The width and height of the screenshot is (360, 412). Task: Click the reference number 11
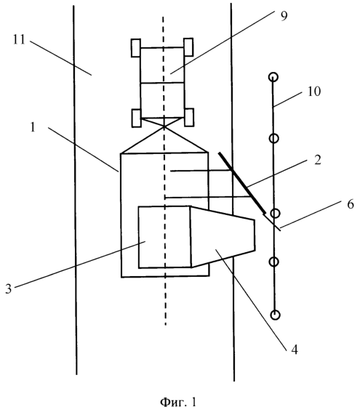(x=19, y=40)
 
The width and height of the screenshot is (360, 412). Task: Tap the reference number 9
(x=284, y=16)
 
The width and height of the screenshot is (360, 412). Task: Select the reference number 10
(x=314, y=92)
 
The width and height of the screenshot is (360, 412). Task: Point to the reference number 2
(x=318, y=160)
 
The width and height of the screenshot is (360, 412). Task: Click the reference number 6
(x=351, y=204)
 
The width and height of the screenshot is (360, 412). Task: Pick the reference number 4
(x=295, y=350)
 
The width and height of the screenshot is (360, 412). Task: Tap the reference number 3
(x=9, y=288)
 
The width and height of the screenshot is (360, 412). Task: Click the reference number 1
(x=33, y=127)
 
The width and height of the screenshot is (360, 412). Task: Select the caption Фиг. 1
(x=178, y=402)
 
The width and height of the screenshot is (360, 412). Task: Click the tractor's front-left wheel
(x=136, y=48)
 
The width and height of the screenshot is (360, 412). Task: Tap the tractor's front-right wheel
(x=188, y=47)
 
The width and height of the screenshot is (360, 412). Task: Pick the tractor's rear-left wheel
(x=136, y=118)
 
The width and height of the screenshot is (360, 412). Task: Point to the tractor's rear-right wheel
(x=189, y=118)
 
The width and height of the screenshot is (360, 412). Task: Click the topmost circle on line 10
(x=273, y=77)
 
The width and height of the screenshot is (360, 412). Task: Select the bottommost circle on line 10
(x=276, y=315)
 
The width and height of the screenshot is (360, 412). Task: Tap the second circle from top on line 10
(x=273, y=138)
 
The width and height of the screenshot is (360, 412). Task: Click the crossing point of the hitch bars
(x=164, y=127)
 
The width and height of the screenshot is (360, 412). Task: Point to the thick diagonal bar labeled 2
(x=242, y=183)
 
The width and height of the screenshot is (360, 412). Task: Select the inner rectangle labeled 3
(x=164, y=237)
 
